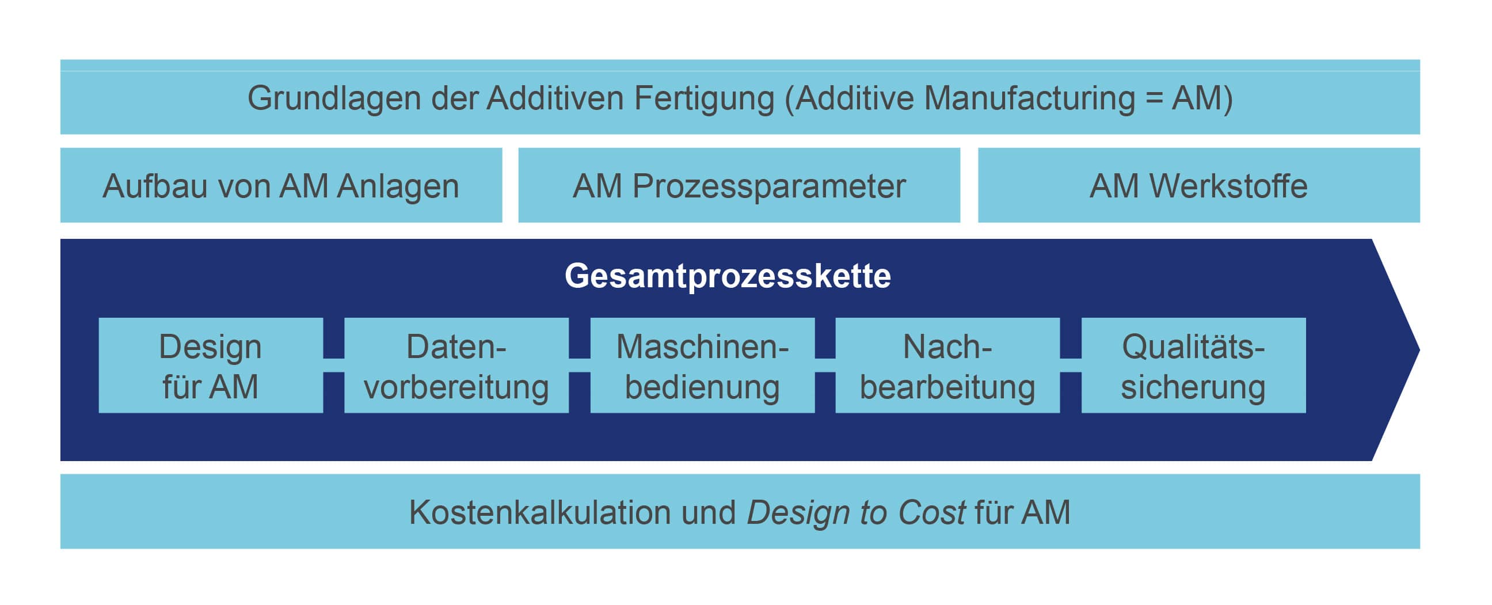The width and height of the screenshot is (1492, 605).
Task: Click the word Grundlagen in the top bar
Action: (334, 99)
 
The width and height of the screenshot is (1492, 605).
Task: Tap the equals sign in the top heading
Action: (1154, 98)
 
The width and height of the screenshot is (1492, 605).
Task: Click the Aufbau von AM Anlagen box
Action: (281, 185)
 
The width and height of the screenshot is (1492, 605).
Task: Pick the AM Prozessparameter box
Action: (739, 185)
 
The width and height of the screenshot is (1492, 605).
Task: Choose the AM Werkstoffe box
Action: (1199, 185)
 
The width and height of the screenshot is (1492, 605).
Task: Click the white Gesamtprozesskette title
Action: (728, 276)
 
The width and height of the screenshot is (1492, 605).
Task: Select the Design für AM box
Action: (211, 366)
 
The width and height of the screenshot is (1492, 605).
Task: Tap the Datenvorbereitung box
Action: (456, 366)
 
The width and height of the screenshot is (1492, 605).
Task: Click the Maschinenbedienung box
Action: (703, 366)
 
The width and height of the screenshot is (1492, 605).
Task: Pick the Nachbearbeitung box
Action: (947, 366)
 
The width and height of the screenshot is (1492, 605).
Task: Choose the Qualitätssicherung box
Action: (1194, 366)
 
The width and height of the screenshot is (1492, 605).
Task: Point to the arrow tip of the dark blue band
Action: (1419, 349)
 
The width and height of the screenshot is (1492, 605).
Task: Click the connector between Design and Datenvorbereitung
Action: (334, 366)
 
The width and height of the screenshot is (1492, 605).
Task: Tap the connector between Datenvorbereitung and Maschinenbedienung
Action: (580, 366)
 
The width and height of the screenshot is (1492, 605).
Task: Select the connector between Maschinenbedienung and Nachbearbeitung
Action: (825, 366)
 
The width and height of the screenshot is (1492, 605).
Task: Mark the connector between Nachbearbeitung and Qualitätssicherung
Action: (1071, 366)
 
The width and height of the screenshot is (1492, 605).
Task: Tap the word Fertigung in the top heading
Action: (705, 99)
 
